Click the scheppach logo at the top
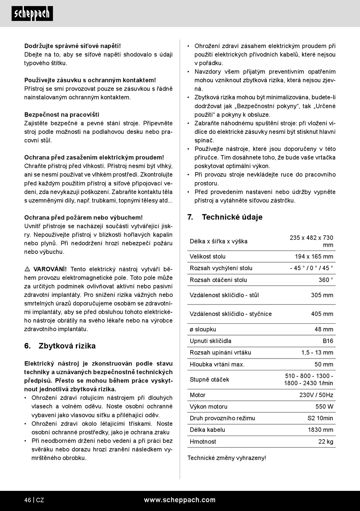[x=32, y=14]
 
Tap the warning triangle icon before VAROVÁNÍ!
[x=27, y=269]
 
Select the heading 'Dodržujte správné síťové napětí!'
[x=72, y=46]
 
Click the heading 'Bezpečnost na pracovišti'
[x=62, y=114]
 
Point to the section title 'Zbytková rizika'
[x=67, y=346]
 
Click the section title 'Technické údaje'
[x=232, y=217]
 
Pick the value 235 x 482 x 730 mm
[x=311, y=241]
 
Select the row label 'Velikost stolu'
[x=208, y=257]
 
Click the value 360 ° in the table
[x=326, y=280]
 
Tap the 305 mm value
[x=322, y=295]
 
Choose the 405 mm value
[x=322, y=314]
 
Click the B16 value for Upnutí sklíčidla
[x=328, y=341]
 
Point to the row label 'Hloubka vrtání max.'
[x=217, y=364]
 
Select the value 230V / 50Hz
[x=316, y=395]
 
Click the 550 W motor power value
[x=324, y=406]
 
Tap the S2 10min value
[x=320, y=418]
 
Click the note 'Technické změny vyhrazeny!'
[x=227, y=458]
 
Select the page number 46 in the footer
[x=28, y=500]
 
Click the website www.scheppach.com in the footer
[x=180, y=500]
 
